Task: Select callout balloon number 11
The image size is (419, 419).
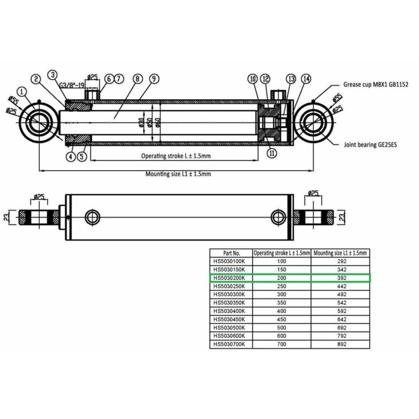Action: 271,153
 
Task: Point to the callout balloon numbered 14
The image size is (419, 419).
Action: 306,79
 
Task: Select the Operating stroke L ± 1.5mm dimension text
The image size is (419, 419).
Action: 176,156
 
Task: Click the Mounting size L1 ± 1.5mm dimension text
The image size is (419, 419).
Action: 178,174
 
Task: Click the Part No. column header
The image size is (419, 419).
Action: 231,253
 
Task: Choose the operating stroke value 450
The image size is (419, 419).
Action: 281,319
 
